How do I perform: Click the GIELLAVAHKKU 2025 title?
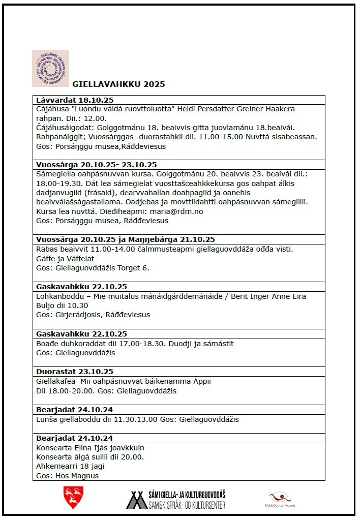pyautogui.click(x=118, y=84)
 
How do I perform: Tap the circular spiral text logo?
pyautogui.click(x=50, y=68)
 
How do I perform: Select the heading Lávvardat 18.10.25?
pyautogui.click(x=75, y=100)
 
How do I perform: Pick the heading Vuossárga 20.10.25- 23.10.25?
pyautogui.click(x=97, y=164)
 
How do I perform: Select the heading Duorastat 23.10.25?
pyautogui.click(x=75, y=372)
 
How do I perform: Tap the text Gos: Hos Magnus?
pyautogui.click(x=68, y=476)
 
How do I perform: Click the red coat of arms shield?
pyautogui.click(x=73, y=497)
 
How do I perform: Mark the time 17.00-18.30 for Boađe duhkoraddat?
pyautogui.click(x=136, y=344)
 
